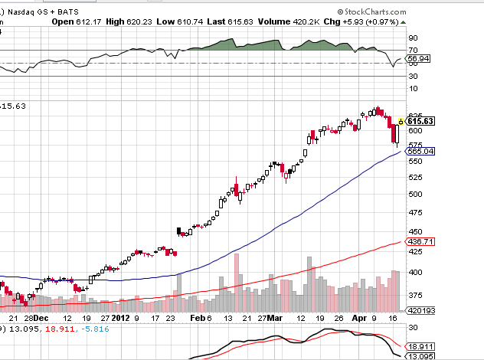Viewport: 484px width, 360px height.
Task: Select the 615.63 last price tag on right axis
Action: click(420, 121)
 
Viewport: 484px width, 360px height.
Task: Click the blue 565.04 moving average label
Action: click(420, 152)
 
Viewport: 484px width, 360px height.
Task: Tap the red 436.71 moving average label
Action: click(420, 241)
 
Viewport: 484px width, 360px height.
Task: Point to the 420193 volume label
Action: click(420, 311)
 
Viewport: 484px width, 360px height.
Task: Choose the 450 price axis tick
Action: click(414, 232)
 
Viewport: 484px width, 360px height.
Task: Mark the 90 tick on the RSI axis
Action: click(412, 38)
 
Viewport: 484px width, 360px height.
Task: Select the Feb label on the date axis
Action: click(197, 317)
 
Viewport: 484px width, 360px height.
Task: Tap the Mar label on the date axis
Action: click(275, 317)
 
